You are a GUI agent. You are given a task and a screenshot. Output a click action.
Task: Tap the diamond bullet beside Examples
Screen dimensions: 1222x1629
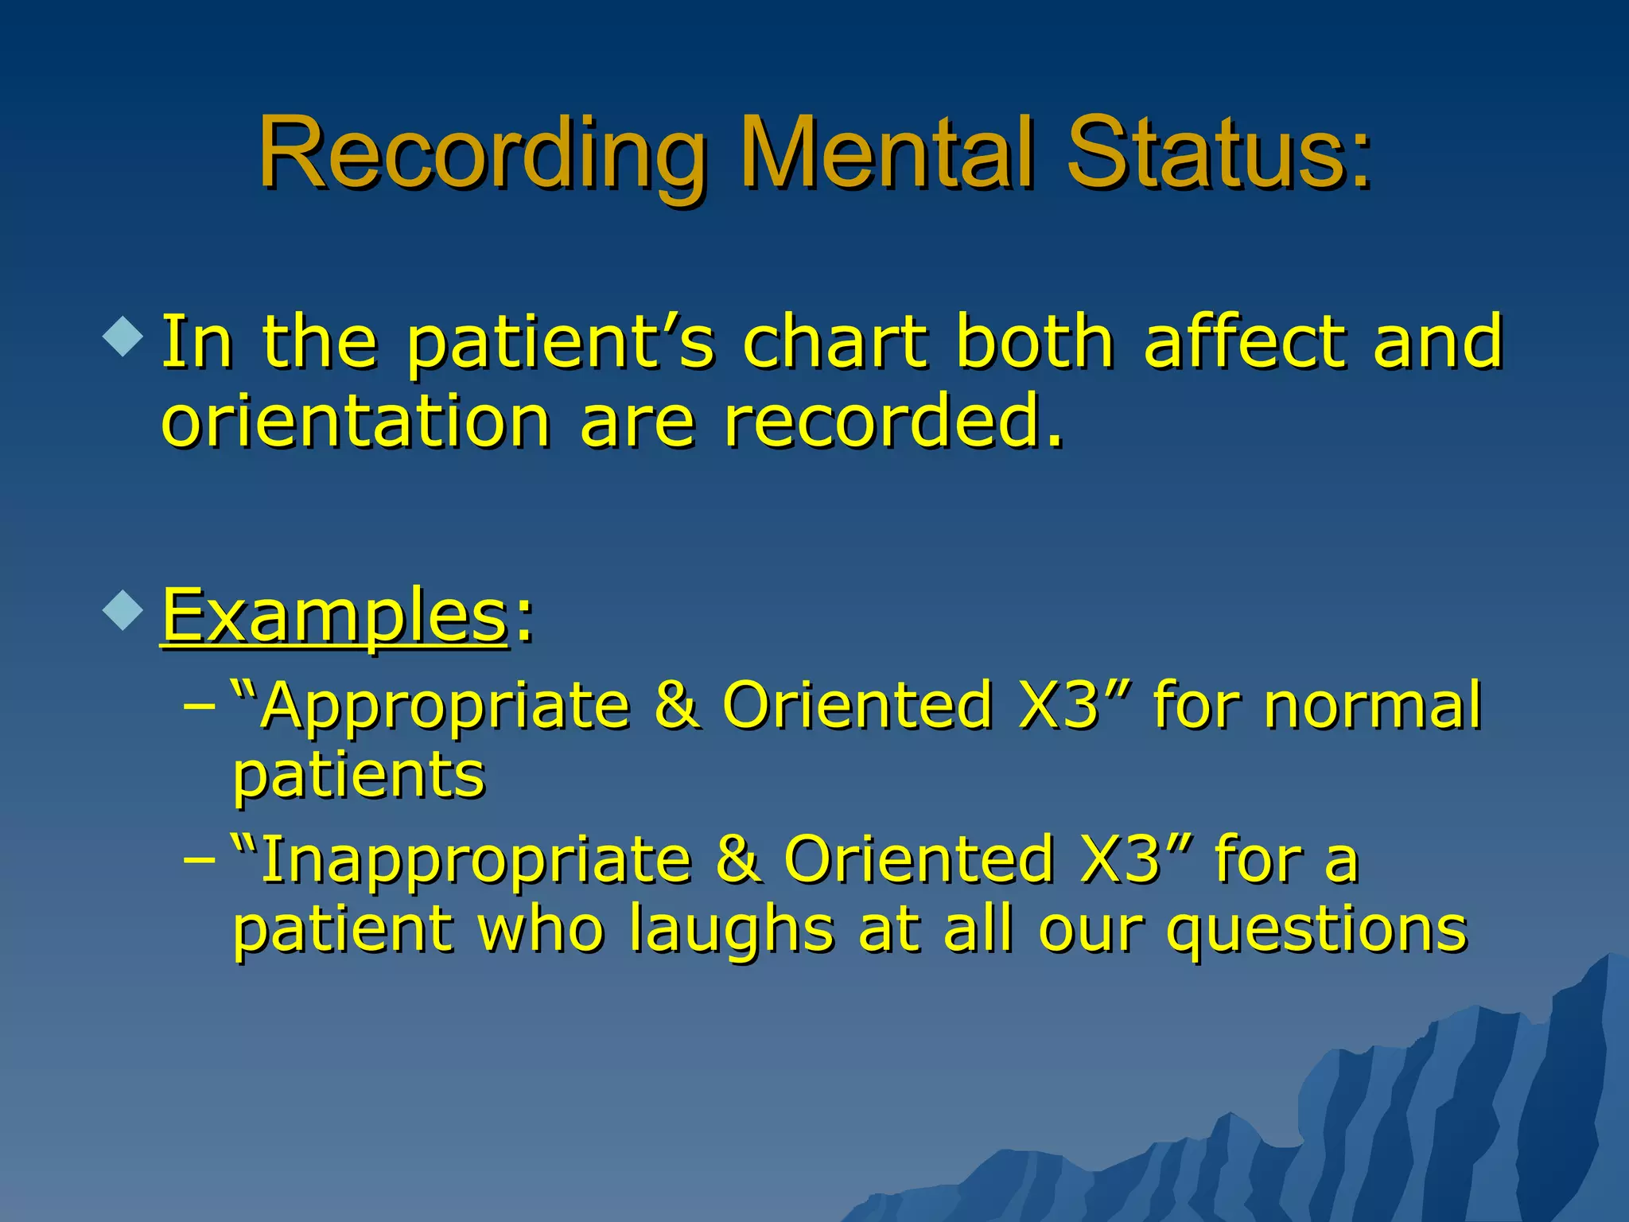click(123, 611)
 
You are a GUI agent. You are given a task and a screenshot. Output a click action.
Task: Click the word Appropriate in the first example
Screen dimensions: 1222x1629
click(445, 706)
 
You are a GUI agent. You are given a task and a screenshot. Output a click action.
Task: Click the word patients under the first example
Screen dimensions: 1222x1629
click(359, 775)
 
